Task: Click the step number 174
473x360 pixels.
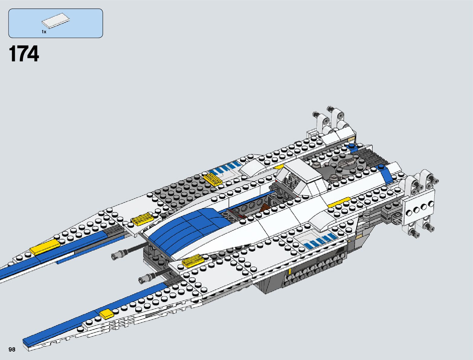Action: (24, 54)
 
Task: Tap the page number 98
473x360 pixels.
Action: (12, 349)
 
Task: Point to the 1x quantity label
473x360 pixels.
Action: (44, 32)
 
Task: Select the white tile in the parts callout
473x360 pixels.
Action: (55, 21)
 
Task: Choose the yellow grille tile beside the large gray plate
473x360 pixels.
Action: (213, 178)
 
